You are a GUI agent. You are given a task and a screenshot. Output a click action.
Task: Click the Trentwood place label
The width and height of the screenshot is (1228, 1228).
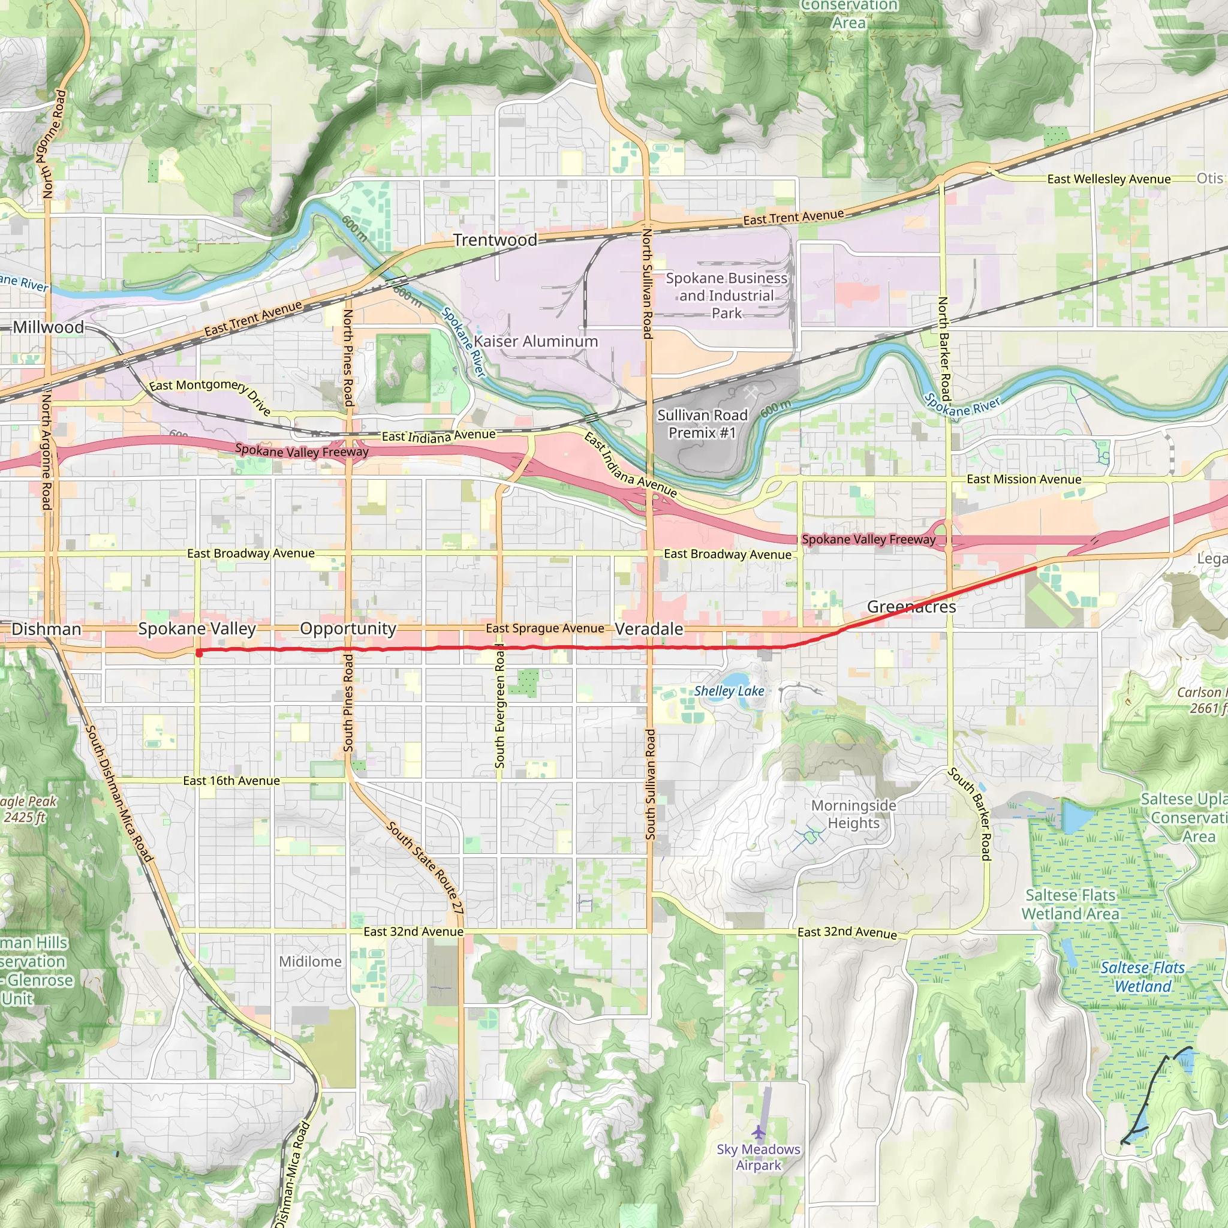495,240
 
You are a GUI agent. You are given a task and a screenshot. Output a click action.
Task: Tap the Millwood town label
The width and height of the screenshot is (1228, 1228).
49,327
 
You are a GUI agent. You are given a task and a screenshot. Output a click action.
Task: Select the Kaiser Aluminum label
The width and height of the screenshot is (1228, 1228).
535,341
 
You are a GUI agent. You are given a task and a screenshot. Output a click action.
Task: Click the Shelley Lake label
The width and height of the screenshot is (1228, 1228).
729,691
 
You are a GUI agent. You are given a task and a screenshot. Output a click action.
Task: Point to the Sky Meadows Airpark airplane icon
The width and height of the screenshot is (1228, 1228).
759,1132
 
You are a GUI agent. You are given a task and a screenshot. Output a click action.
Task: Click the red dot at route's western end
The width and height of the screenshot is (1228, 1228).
199,654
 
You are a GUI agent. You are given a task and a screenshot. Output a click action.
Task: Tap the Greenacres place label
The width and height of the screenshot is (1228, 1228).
911,606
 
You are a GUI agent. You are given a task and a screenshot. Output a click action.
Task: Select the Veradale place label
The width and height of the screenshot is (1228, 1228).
649,628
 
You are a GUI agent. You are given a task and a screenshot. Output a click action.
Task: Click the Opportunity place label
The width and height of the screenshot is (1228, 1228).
348,628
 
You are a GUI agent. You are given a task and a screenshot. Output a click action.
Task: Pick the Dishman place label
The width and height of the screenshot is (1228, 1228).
46,629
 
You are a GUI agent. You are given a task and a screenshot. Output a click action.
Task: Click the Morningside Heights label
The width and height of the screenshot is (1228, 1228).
853,814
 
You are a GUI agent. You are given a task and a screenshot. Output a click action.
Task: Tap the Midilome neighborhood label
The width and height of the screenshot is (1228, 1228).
310,962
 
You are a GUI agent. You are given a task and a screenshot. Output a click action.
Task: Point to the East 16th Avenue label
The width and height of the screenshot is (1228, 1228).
231,781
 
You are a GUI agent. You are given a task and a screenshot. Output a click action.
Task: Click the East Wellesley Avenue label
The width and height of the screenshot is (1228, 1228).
1109,179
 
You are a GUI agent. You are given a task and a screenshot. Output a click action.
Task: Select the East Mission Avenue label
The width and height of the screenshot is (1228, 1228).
1024,479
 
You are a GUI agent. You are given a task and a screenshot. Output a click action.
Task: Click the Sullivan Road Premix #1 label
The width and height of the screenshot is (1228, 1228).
702,424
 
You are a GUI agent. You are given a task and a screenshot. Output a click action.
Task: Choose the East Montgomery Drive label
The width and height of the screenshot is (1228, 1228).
210,395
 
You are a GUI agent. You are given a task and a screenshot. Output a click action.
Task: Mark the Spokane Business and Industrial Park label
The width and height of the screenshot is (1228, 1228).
726,296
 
